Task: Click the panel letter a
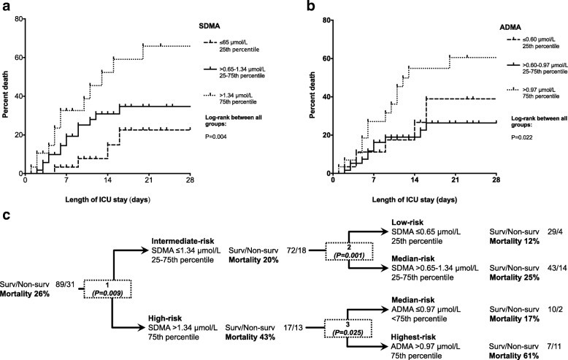point(5,6)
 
